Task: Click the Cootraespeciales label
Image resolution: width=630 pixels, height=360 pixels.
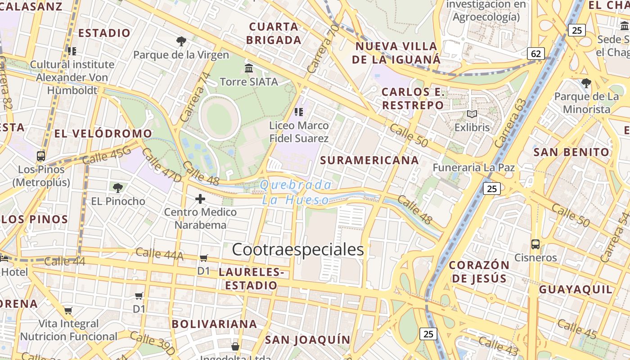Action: point(297,250)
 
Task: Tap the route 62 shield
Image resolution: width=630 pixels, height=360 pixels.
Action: point(535,54)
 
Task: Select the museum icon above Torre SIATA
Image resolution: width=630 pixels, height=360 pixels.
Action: point(249,68)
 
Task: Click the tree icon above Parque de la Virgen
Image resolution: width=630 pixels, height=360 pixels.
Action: point(181,41)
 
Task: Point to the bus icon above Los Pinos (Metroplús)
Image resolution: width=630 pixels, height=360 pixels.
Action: point(41,156)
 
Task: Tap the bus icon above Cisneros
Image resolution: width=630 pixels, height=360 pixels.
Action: point(535,244)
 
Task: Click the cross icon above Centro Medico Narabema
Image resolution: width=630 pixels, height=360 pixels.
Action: point(200,198)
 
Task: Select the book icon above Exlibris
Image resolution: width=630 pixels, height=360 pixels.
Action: point(472,114)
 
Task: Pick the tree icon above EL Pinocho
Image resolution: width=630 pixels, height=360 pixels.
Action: point(118,188)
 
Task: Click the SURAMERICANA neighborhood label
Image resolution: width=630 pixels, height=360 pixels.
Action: point(369,160)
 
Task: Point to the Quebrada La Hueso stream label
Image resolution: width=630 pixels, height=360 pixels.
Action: point(296,192)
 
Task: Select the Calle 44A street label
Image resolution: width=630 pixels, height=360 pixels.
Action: point(159,254)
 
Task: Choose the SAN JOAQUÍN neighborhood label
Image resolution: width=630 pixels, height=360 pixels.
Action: point(307,340)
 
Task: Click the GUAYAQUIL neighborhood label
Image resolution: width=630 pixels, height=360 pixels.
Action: point(576,289)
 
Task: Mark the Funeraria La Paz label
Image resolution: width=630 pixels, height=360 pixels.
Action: point(473,168)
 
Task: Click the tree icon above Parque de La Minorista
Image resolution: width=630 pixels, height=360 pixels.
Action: point(586,83)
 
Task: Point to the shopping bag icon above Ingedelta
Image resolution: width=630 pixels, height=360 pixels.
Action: point(235,346)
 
